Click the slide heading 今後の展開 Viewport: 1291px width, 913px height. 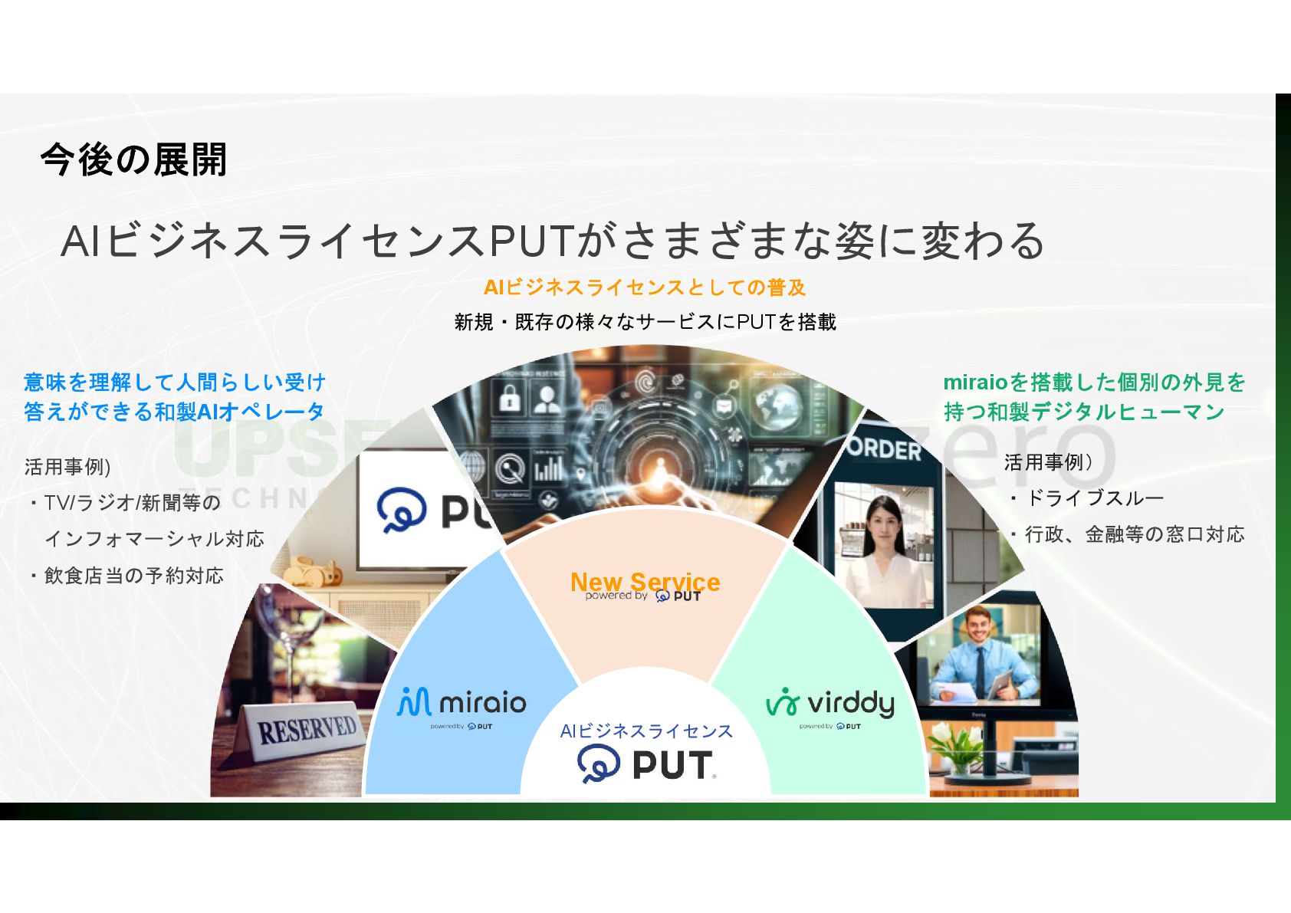click(133, 160)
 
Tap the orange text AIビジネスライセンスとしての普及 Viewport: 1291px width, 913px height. click(645, 287)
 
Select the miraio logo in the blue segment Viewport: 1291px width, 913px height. click(462, 702)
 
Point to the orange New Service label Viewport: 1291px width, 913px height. click(645, 582)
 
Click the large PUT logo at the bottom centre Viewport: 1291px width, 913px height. click(646, 765)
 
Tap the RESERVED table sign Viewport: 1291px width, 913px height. click(306, 729)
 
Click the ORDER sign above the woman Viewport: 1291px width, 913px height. click(885, 448)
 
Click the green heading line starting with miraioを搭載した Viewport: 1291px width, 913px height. click(1094, 382)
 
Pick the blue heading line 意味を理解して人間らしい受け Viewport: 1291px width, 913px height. click(175, 382)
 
